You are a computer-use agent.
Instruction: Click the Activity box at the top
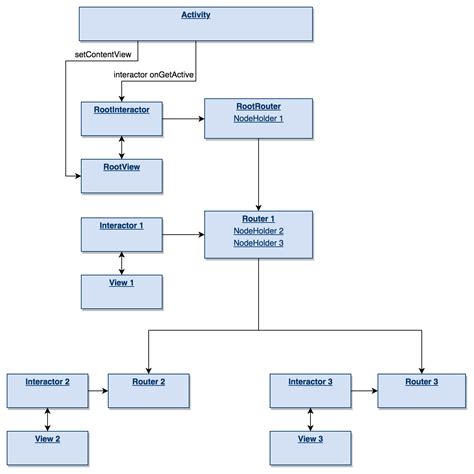[195, 21]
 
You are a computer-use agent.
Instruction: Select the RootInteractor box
[122, 117]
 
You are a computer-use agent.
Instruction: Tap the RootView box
[122, 174]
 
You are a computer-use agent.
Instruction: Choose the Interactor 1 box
[122, 234]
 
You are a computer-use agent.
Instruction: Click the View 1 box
[122, 290]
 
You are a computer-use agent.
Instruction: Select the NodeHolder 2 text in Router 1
[259, 230]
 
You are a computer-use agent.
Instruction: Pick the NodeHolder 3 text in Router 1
[259, 243]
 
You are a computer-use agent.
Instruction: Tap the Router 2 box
[149, 388]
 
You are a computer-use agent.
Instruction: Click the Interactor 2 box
[46, 388]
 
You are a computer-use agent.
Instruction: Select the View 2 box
[46, 445]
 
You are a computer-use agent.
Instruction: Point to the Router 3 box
[421, 388]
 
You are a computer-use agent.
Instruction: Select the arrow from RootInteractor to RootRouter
[184, 118]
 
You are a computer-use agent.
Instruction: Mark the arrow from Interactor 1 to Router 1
[184, 235]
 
